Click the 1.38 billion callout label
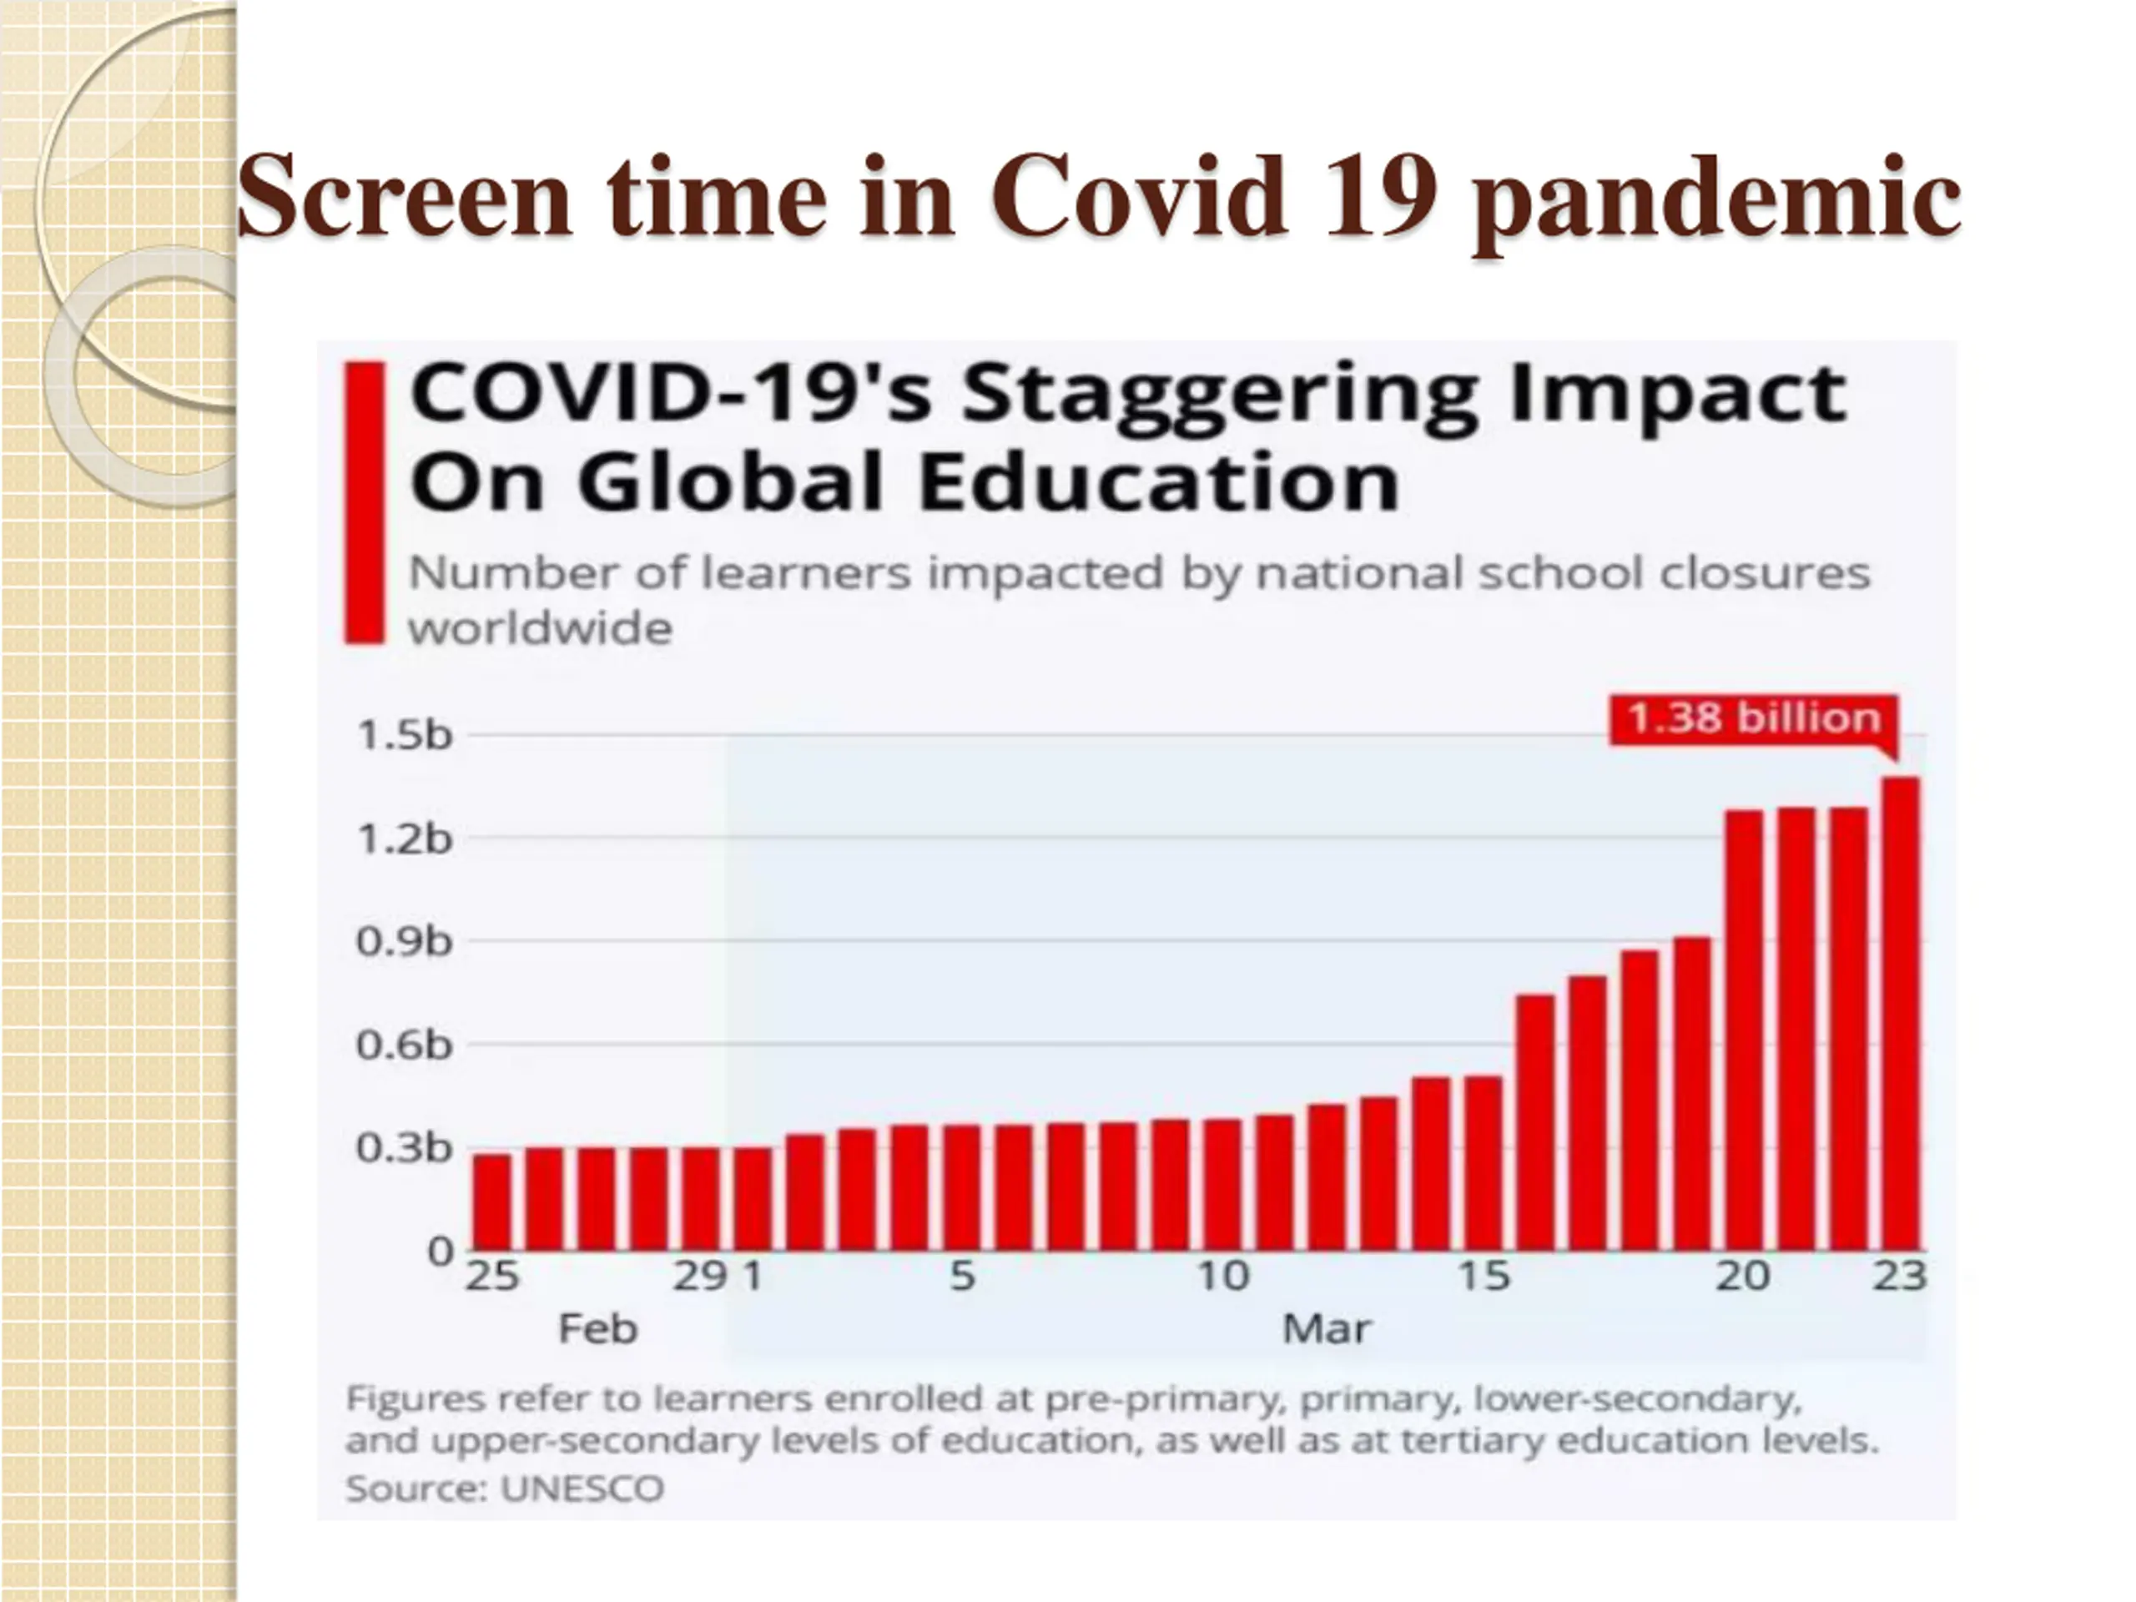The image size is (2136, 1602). pyautogui.click(x=1753, y=719)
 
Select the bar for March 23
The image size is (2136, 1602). pyautogui.click(x=1901, y=1014)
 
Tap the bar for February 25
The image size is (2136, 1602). pyautogui.click(x=492, y=1202)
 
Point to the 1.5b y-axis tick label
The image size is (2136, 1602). pyautogui.click(x=405, y=736)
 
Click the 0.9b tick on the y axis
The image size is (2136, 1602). pyautogui.click(x=405, y=941)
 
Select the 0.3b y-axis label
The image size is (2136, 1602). pyautogui.click(x=405, y=1148)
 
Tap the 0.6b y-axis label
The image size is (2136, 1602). pyautogui.click(x=405, y=1045)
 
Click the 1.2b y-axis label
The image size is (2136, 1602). pyautogui.click(x=405, y=839)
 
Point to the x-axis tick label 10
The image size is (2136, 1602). pyautogui.click(x=1223, y=1277)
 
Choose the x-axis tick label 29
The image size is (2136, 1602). pyautogui.click(x=699, y=1277)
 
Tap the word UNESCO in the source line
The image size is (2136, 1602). pyautogui.click(x=582, y=1488)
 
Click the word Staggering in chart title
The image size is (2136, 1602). pyautogui.click(x=1220, y=396)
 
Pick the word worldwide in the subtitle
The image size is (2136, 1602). pyautogui.click(x=540, y=628)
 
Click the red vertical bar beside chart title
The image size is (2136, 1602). pyautogui.click(x=365, y=502)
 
